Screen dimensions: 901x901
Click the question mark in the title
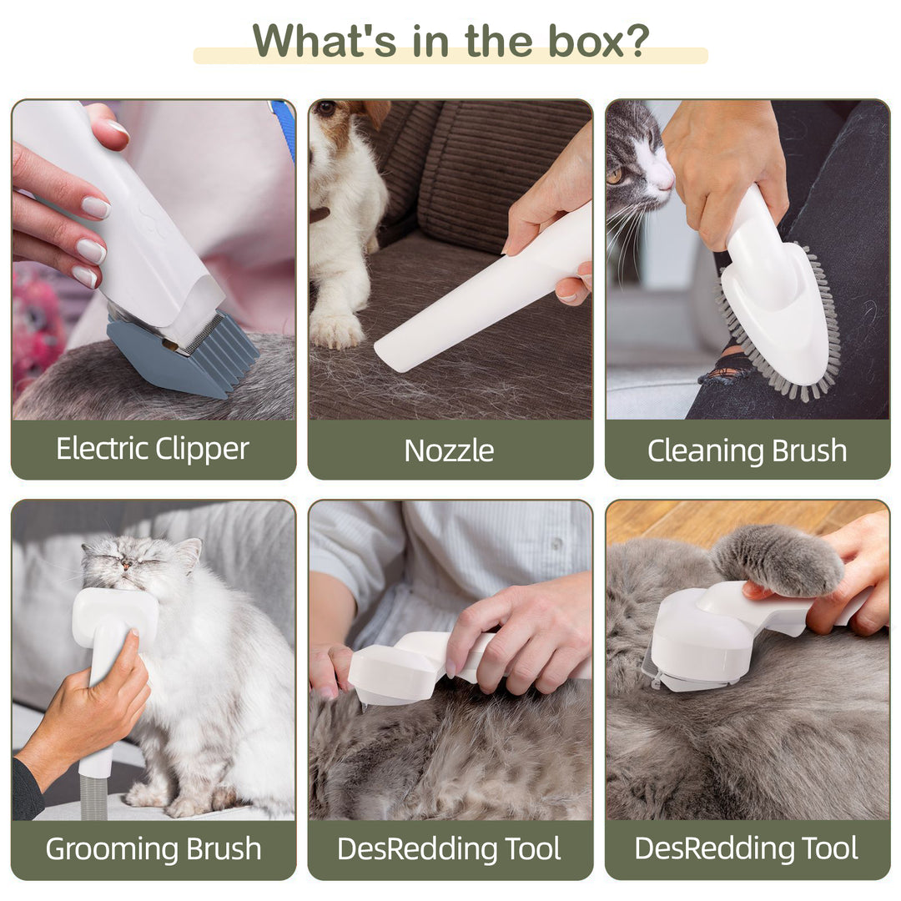[636, 39]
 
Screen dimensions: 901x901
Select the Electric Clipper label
[153, 449]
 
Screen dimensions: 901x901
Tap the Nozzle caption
[449, 450]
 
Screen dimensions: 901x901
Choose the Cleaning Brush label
[747, 450]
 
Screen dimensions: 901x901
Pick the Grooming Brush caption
[153, 849]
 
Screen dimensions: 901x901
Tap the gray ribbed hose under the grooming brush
[93, 797]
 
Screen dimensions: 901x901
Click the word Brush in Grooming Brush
[223, 849]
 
